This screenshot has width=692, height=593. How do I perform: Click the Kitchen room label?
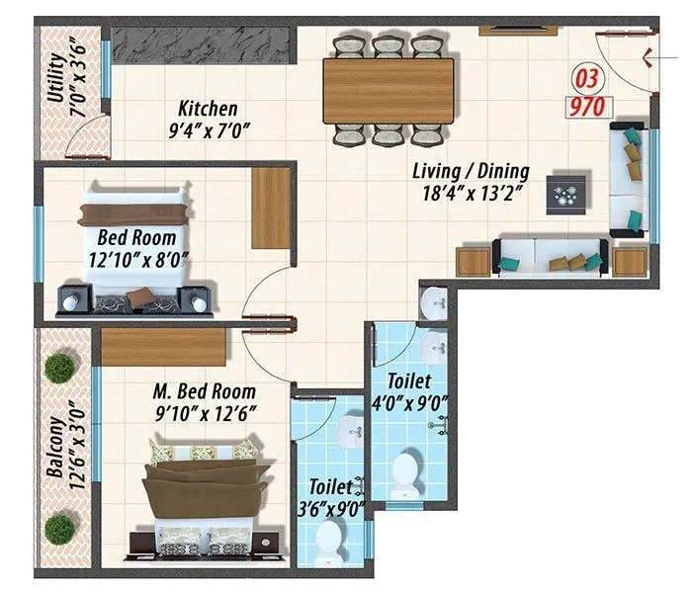(x=207, y=109)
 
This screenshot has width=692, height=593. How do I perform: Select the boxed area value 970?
(x=584, y=105)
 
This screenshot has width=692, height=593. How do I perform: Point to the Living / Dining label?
(x=471, y=171)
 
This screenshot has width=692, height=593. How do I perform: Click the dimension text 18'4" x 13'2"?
(x=471, y=194)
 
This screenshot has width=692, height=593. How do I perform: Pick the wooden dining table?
(x=389, y=90)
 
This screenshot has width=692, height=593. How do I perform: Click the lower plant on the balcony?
(x=60, y=527)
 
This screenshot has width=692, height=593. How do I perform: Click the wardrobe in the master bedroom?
(x=163, y=347)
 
